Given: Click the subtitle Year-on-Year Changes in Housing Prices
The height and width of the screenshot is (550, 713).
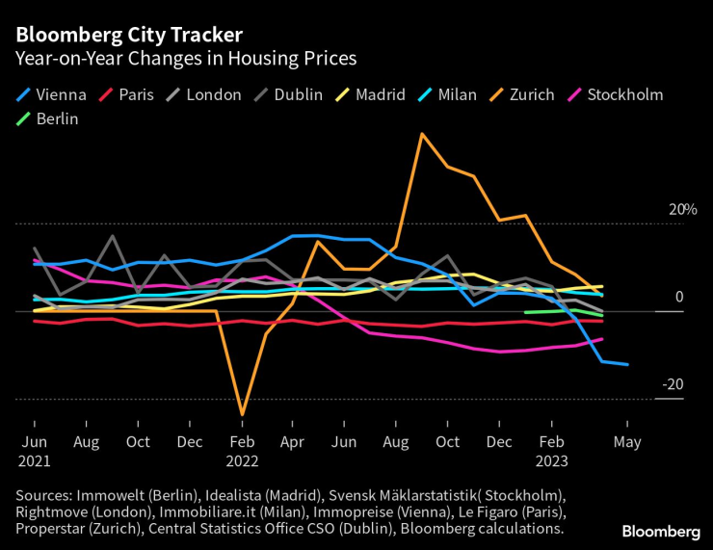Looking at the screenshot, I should [185, 59].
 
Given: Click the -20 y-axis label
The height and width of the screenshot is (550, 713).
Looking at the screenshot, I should [673, 384].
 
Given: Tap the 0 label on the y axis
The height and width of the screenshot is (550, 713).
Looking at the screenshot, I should [678, 297].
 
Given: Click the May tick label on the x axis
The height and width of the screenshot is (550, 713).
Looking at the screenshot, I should [627, 441].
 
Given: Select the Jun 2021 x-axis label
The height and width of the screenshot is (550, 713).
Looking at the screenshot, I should [35, 450].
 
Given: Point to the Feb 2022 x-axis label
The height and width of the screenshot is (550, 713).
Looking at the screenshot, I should [242, 450].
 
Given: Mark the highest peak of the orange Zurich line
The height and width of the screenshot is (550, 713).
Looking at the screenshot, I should [422, 134].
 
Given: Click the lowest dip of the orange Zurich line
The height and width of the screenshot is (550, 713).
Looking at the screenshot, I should [242, 415].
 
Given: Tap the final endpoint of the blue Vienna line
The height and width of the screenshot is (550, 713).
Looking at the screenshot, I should [627, 364].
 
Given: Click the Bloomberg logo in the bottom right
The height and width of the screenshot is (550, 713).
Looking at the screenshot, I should [661, 531].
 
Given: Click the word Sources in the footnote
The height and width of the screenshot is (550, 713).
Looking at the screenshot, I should [46, 494].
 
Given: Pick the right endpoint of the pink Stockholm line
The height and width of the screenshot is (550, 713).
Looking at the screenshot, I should [602, 338].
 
